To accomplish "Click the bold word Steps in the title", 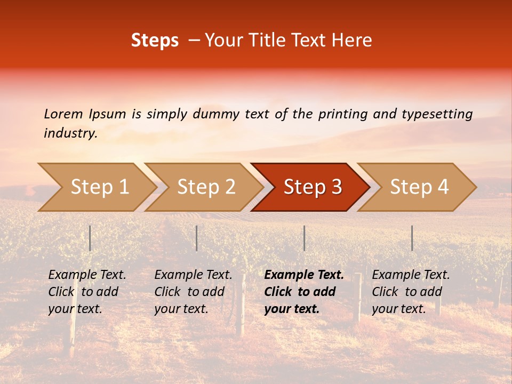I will tap(155, 41).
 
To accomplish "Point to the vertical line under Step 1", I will tap(90, 238).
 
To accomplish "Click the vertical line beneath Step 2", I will tap(197, 238).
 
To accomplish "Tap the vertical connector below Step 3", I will tap(304, 238).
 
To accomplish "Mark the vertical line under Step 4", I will tap(412, 238).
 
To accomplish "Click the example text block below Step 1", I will tap(87, 292).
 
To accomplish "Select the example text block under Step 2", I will tap(193, 292).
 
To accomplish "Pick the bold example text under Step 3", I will tap(304, 292).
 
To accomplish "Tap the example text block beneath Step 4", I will tap(411, 292).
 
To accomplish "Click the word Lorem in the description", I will tap(63, 114).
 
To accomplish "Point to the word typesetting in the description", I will tap(437, 114).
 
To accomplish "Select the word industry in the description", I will tap(70, 133).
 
